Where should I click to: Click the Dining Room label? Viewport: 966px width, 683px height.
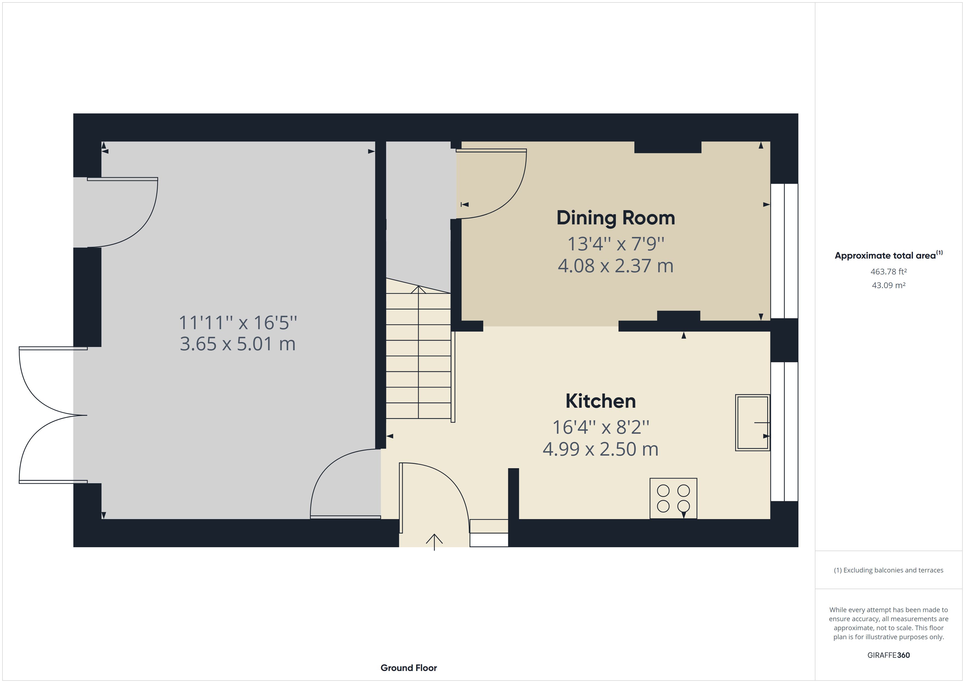(x=616, y=218)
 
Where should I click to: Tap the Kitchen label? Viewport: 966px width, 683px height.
(x=600, y=401)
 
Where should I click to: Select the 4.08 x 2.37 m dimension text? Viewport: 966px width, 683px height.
(x=616, y=266)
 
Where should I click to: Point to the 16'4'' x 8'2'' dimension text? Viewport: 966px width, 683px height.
(x=600, y=427)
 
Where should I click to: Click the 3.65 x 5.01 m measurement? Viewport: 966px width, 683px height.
(x=238, y=344)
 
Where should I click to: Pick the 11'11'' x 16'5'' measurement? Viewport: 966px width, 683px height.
(x=238, y=323)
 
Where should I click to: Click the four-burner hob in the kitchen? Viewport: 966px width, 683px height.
(x=673, y=498)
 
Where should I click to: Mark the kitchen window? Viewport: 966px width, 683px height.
(x=784, y=432)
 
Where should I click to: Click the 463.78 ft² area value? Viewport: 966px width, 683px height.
(x=888, y=272)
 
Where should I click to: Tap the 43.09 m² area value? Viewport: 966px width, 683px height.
(x=888, y=285)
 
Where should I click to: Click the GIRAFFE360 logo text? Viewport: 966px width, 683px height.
(x=888, y=655)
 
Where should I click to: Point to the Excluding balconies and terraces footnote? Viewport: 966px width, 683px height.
(x=888, y=570)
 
